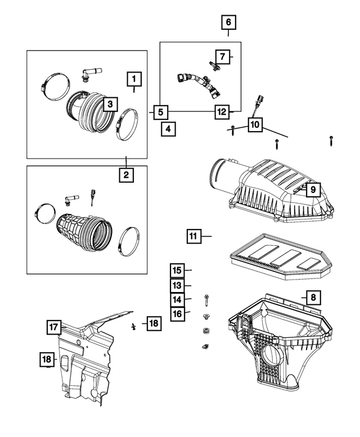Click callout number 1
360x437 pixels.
pyautogui.click(x=134, y=78)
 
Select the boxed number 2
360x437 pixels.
pyautogui.click(x=126, y=175)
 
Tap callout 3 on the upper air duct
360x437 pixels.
pyautogui.click(x=110, y=104)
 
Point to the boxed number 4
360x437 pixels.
pyautogui.click(x=167, y=128)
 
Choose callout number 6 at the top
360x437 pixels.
pyautogui.click(x=228, y=23)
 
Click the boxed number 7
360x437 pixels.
pyautogui.click(x=223, y=56)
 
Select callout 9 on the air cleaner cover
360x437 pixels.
pyautogui.click(x=313, y=190)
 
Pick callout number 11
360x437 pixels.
pyautogui.click(x=193, y=237)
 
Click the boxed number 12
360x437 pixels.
pyautogui.click(x=222, y=111)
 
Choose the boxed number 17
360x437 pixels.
pyautogui.click(x=54, y=327)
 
